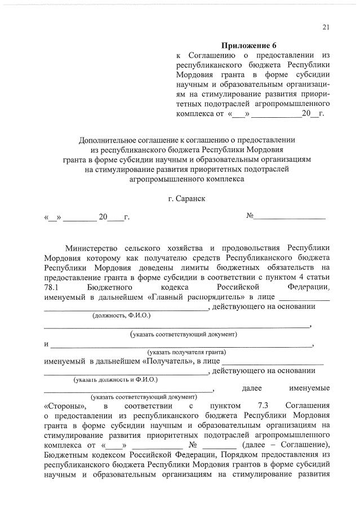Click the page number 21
pyautogui.click(x=326, y=28)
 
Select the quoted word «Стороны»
pyautogui.click(x=65, y=406)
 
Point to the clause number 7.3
pyautogui.click(x=264, y=406)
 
